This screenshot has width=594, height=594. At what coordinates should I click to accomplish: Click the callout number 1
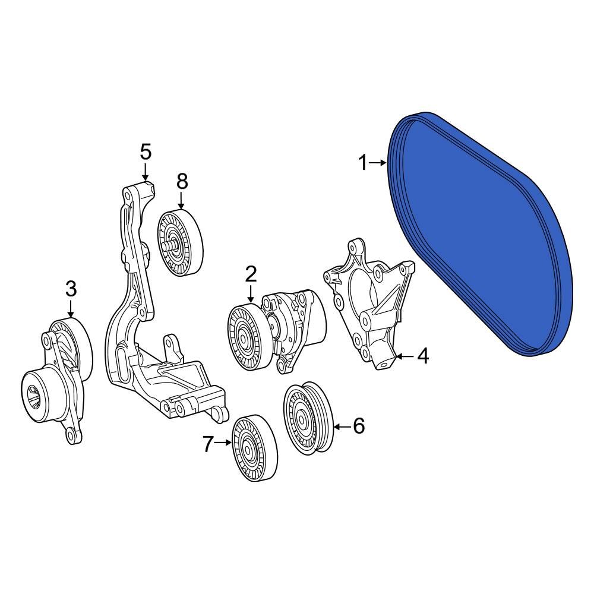coord(363,162)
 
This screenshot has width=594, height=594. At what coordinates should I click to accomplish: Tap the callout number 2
coord(251,274)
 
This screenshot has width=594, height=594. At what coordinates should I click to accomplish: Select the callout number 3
coord(71,289)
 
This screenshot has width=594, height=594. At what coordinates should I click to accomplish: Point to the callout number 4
coord(422,356)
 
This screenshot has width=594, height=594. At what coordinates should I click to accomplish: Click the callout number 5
coord(146,152)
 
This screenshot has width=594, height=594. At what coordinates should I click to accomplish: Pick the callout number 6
coord(359,426)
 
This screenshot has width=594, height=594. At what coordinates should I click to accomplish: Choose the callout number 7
coord(207,443)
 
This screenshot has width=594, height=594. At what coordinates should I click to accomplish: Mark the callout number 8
coord(182,182)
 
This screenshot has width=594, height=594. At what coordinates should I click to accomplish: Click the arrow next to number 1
coord(379,162)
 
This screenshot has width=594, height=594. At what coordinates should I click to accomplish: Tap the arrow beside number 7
coord(223,443)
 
